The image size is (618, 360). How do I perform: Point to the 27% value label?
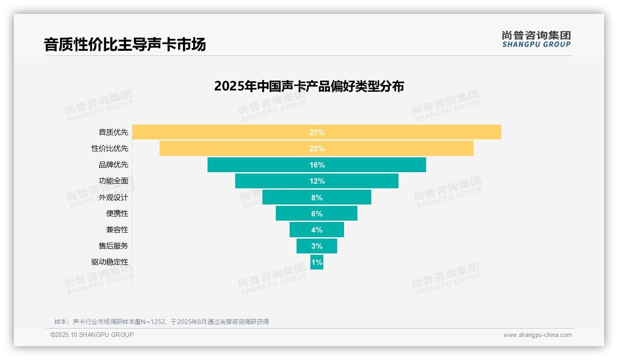click(x=317, y=132)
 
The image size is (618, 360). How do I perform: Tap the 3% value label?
click(x=317, y=246)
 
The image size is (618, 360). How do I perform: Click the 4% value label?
click(x=317, y=230)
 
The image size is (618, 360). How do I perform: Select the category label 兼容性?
click(x=117, y=230)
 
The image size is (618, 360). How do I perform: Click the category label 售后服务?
click(x=113, y=246)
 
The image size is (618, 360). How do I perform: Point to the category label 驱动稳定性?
click(x=110, y=262)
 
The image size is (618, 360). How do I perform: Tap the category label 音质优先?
click(x=113, y=132)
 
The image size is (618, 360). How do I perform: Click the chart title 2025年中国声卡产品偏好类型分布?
click(x=309, y=86)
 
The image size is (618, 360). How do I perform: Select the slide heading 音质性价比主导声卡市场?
click(x=125, y=45)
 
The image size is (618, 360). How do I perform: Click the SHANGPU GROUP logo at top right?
click(x=536, y=39)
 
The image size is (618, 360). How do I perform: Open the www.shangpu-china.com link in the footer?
click(x=537, y=335)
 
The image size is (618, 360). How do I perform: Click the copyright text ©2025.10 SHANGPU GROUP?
click(x=92, y=335)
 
